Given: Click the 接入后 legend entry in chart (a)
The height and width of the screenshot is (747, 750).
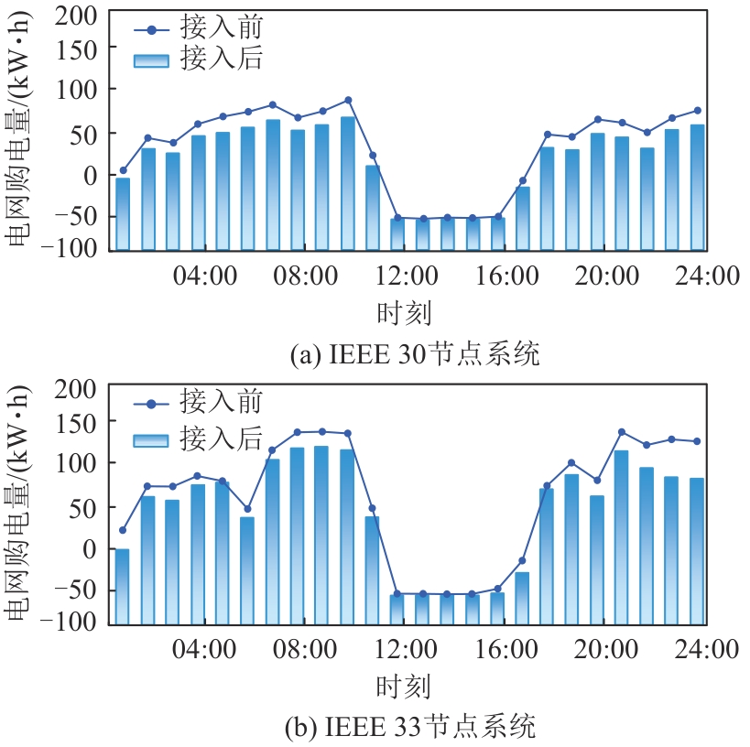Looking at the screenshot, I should (x=196, y=59).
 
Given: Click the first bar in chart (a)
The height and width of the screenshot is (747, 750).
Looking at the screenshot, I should (x=123, y=213).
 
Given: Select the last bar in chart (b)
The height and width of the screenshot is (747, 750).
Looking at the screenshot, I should (x=696, y=550).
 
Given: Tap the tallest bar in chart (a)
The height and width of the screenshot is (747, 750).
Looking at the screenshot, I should (x=348, y=182).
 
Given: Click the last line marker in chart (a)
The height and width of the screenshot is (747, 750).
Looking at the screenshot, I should (x=697, y=111).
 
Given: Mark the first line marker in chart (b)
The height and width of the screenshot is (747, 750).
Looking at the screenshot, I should (x=123, y=530).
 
